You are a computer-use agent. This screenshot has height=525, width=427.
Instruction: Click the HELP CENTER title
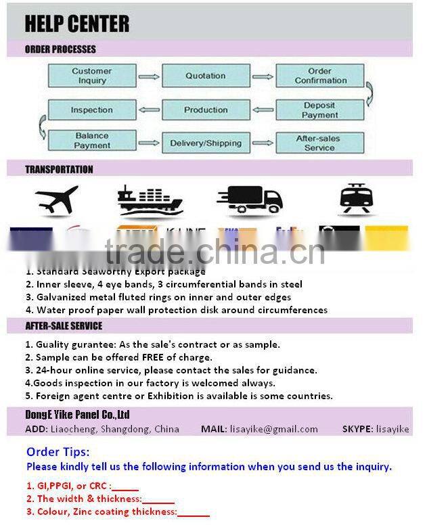76,24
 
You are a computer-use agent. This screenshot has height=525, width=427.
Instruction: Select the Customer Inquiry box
91,76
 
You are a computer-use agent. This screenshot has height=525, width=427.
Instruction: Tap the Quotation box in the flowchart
206,76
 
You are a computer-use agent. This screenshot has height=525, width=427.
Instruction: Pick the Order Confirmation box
320,76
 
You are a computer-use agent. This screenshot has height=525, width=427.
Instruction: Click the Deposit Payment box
320,110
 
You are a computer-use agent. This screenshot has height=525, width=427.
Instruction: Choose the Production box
206,110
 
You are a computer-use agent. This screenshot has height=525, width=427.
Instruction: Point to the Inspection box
91,110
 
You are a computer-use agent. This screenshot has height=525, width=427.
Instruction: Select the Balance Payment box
91,141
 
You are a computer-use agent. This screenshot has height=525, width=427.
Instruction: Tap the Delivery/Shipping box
206,143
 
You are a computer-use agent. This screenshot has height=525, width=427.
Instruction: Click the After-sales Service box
319,143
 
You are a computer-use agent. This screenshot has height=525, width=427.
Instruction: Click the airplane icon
57,199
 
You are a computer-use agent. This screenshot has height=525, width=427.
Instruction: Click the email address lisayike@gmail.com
273,429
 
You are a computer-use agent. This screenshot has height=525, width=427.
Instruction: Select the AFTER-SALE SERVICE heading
64,326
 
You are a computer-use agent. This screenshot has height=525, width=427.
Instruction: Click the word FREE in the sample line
154,357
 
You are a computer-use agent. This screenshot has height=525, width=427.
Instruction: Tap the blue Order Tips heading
58,452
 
